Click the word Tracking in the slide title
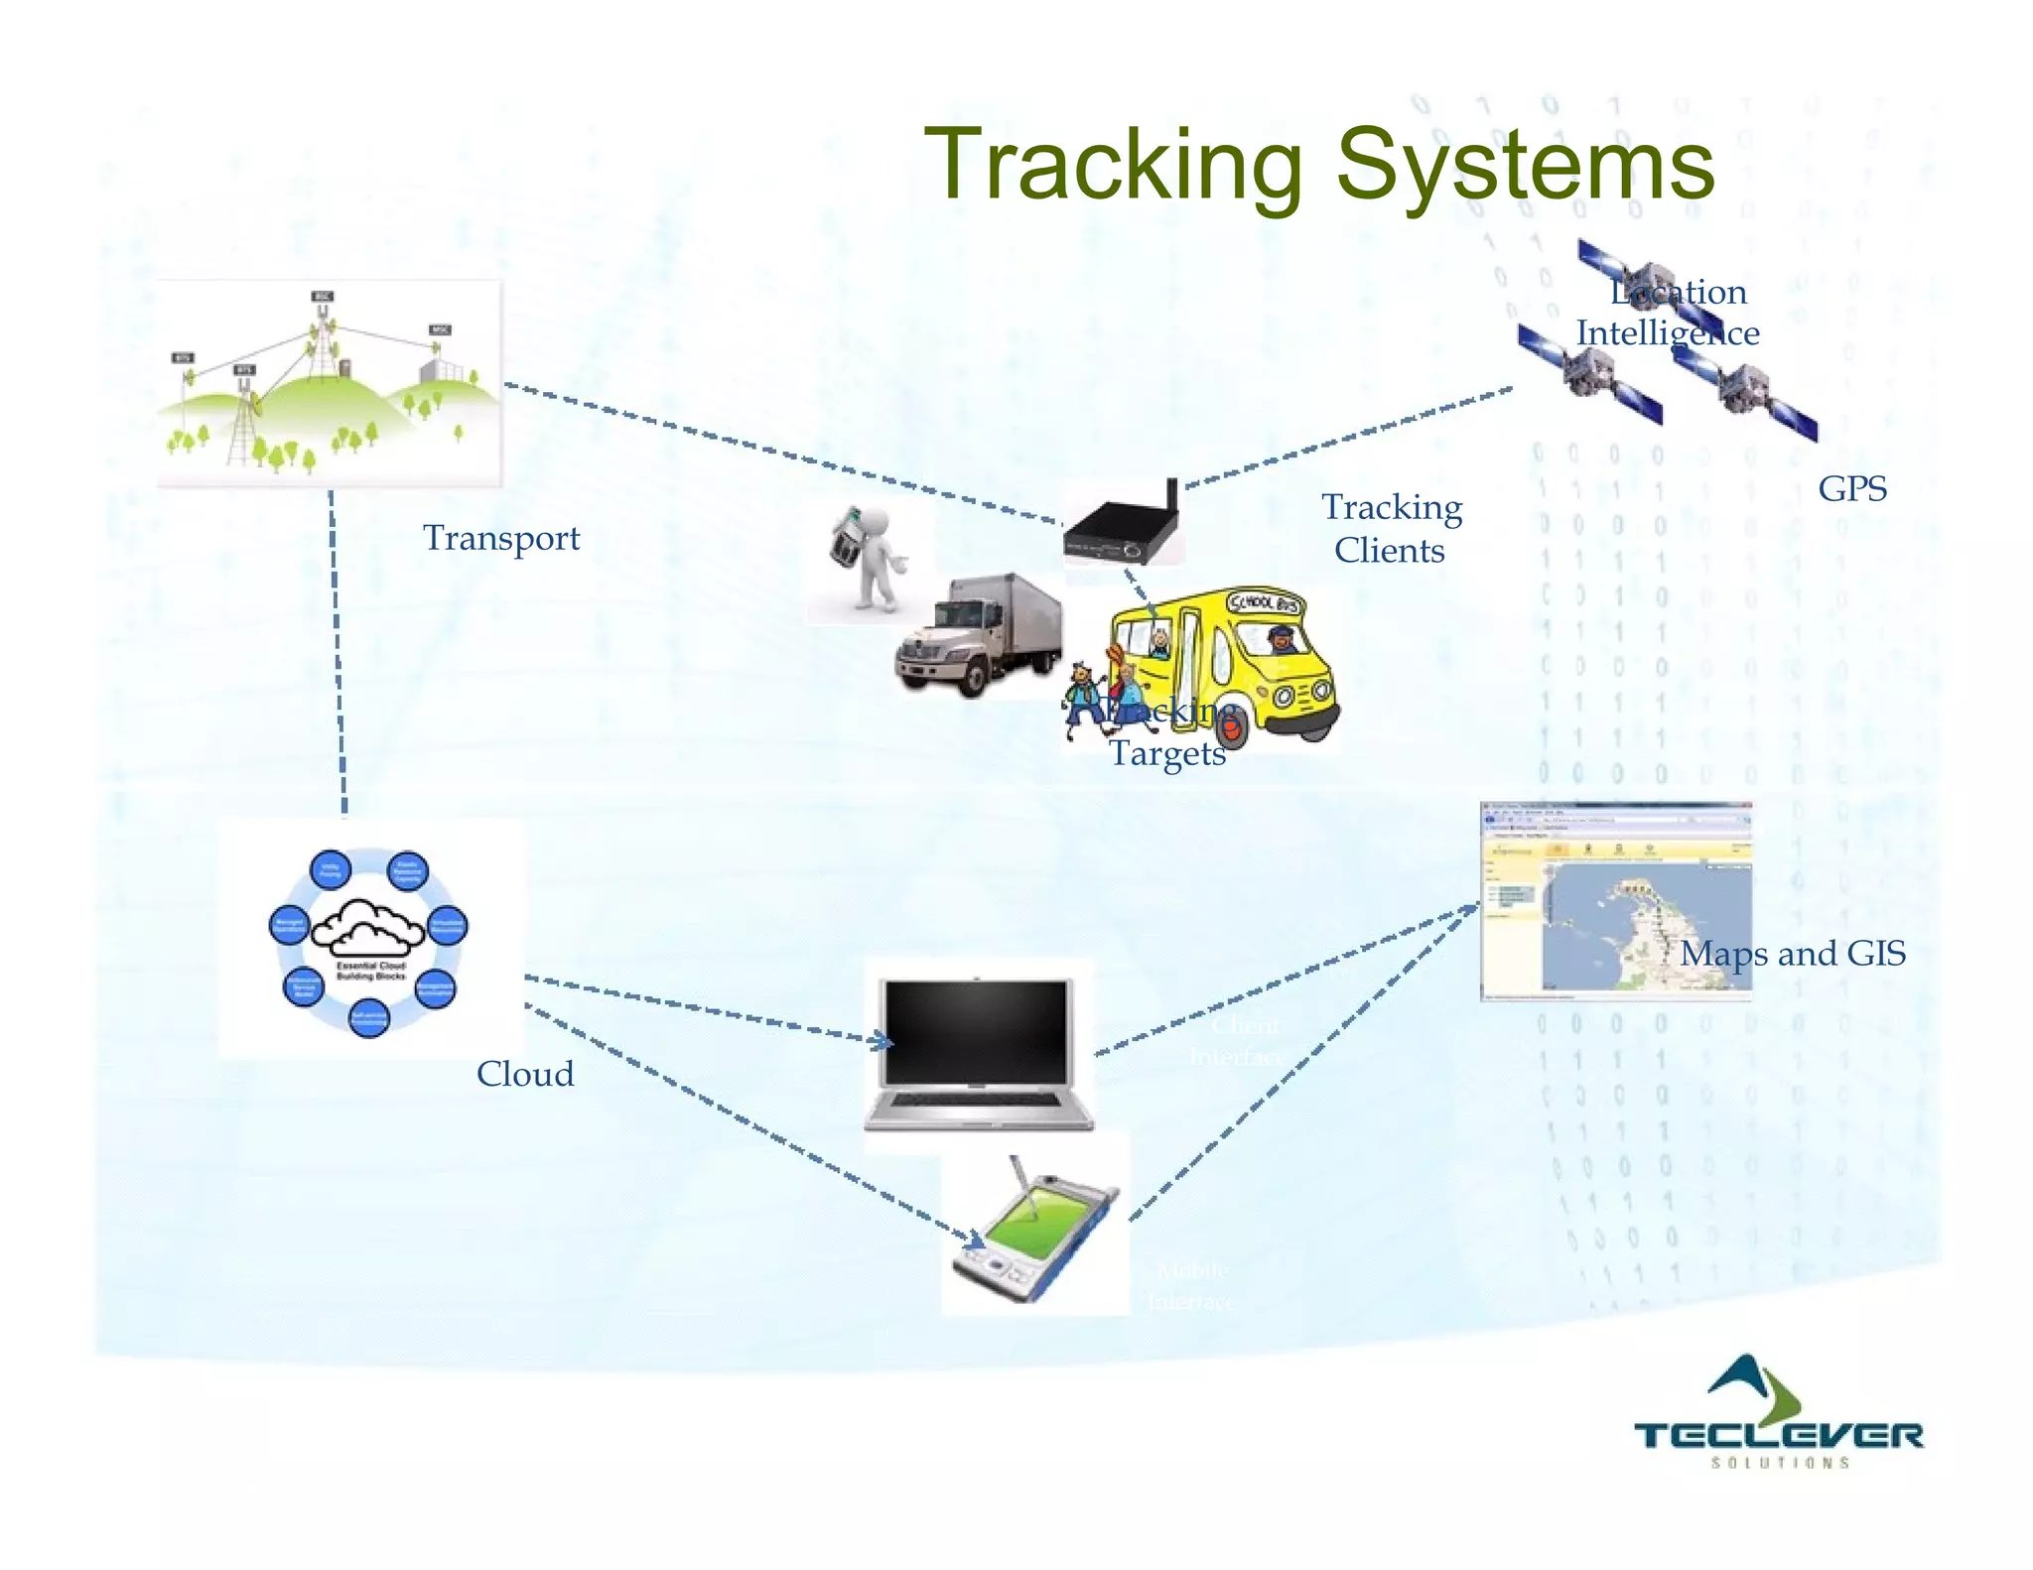[x=1113, y=165]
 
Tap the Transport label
[x=501, y=538]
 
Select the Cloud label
[x=525, y=1074]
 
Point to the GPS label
[x=1852, y=488]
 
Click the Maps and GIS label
[x=1793, y=954]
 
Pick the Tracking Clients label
[x=1391, y=528]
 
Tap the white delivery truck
[x=978, y=635]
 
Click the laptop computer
[x=978, y=1052]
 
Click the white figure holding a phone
[x=869, y=561]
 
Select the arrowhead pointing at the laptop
[x=882, y=1041]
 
